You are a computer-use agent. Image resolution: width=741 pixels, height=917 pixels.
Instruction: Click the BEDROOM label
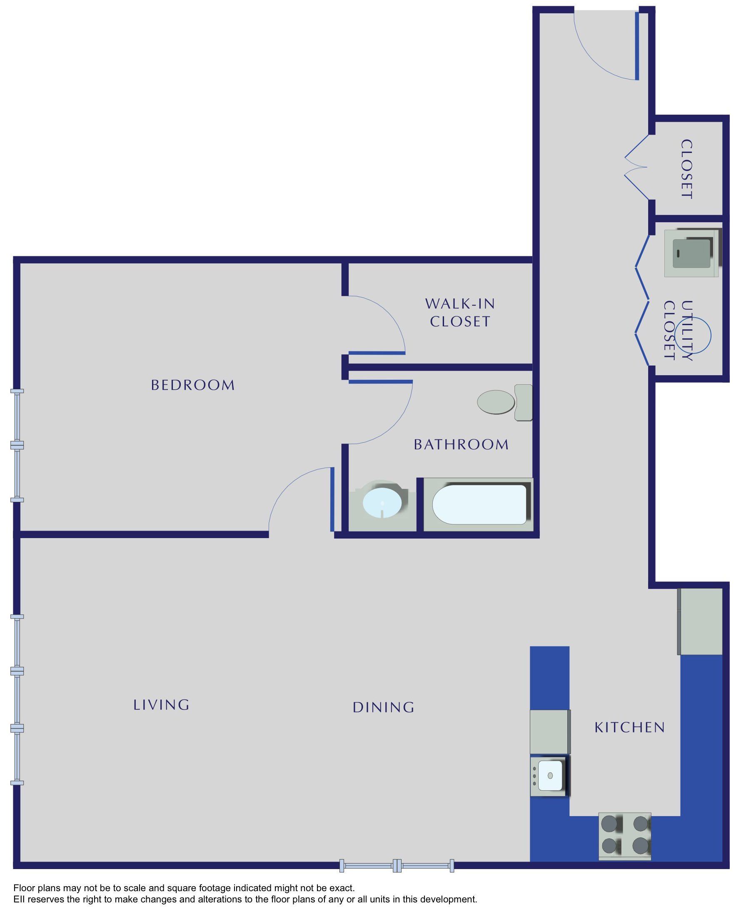[x=192, y=385]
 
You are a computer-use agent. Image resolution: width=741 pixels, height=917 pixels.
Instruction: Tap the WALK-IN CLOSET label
[x=460, y=313]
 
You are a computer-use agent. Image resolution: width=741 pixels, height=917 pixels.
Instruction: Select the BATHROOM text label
[x=461, y=445]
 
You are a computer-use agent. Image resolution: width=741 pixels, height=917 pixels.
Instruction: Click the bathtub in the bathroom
[x=479, y=504]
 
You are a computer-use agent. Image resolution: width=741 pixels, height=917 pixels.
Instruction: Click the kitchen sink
[x=550, y=775]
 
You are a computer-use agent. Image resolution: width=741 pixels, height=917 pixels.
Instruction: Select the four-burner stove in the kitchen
[x=625, y=836]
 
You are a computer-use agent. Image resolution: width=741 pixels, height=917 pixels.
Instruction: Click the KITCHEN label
[x=630, y=727]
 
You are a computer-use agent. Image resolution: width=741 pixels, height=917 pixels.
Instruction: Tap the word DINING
[x=383, y=707]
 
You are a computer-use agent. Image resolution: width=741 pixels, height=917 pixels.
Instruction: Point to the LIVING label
[x=161, y=705]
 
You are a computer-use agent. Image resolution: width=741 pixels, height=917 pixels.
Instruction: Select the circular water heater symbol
[x=693, y=335]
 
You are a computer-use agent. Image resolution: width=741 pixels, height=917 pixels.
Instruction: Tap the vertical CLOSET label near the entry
[x=686, y=169]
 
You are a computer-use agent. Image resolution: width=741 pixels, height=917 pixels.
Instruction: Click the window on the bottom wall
[x=397, y=866]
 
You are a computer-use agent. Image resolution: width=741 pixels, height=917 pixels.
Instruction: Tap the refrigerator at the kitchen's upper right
[x=701, y=621]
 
